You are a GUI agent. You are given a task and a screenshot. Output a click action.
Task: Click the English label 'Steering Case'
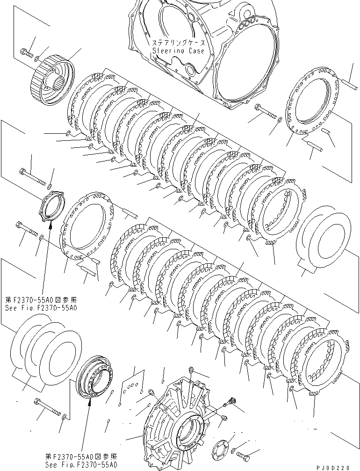point(178,50)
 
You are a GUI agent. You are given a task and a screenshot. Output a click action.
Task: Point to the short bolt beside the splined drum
point(26,52)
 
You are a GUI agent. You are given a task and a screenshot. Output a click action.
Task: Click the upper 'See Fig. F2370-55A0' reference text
point(41,308)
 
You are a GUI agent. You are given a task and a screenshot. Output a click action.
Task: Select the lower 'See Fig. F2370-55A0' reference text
point(80,465)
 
